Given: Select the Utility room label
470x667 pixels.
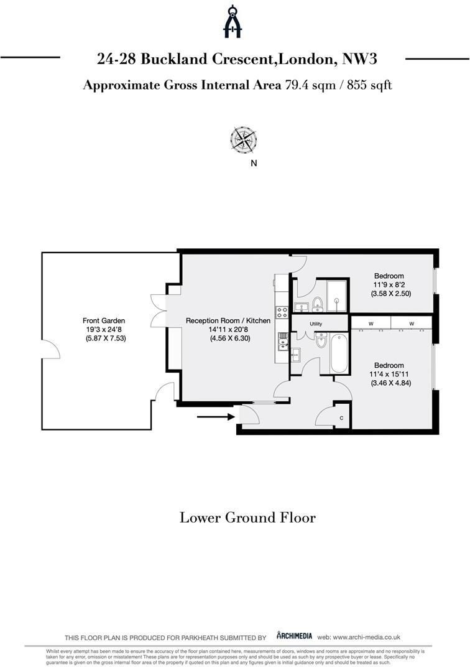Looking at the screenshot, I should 316,324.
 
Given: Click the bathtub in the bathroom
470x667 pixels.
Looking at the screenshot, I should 339,354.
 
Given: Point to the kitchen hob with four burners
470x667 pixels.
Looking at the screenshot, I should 282,312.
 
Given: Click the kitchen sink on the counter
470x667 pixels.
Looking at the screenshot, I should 283,339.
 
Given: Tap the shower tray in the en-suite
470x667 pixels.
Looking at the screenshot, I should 336,295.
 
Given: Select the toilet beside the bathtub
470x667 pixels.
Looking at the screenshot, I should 321,340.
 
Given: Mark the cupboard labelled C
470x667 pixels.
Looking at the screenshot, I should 341,418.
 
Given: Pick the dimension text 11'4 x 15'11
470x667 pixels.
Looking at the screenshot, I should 389,375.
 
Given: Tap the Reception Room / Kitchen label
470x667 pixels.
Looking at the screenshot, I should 228,321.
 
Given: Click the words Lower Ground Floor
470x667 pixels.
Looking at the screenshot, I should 247,518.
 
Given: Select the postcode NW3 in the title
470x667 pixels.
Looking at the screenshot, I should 361,59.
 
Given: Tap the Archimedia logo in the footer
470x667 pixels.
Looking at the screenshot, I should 294,636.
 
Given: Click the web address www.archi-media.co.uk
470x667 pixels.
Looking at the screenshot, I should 367,637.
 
